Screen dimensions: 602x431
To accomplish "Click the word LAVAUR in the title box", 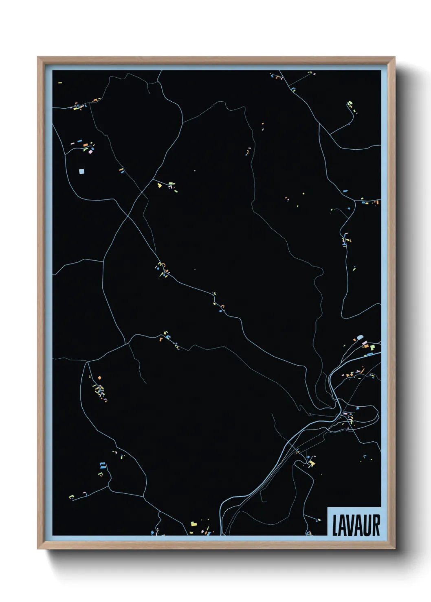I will (356, 525).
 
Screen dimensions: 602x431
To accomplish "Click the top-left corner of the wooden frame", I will (38, 58).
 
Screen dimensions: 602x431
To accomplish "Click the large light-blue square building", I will (81, 171).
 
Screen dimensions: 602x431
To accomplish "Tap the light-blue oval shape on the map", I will (360, 337).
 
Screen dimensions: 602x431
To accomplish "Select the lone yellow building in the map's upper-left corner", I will (60, 83).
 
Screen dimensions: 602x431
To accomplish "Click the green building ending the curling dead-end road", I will (349, 103).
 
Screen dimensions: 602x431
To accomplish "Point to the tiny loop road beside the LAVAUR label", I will (309, 533).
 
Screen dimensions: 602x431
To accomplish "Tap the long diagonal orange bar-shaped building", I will (121, 170).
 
